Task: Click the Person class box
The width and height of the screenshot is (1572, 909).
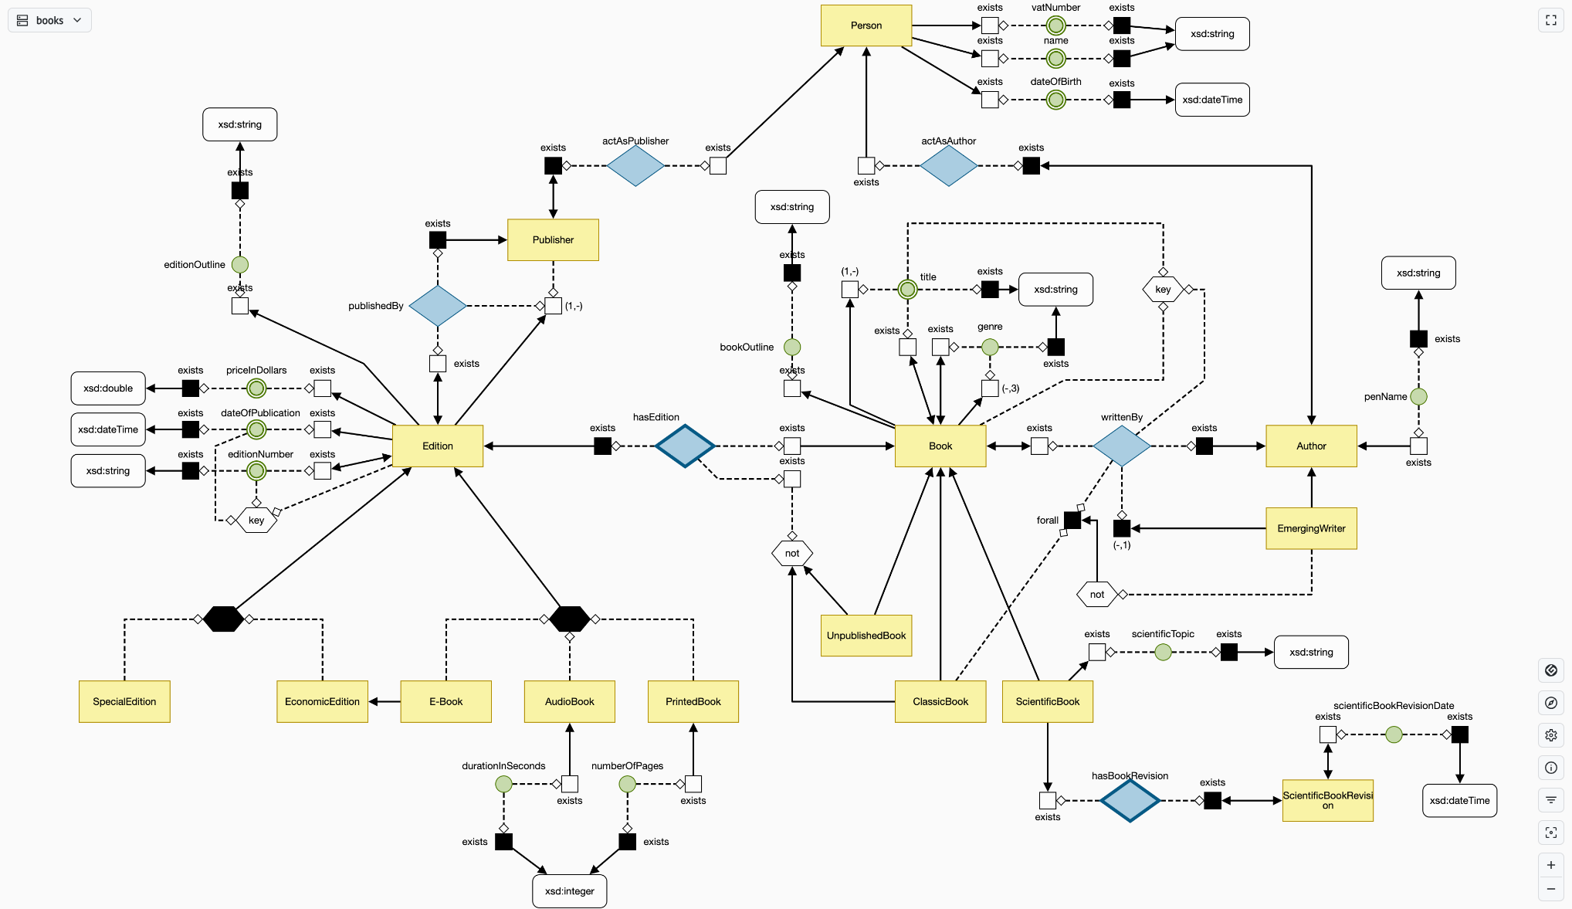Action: click(866, 25)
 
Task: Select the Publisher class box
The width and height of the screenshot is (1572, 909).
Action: click(553, 239)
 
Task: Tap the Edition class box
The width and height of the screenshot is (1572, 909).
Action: click(437, 446)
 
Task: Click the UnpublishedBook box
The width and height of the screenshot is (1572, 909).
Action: click(866, 636)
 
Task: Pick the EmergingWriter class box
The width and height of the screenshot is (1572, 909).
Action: click(1311, 528)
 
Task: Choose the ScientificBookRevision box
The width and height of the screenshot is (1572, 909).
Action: click(1327, 800)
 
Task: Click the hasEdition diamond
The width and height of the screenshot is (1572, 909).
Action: click(684, 446)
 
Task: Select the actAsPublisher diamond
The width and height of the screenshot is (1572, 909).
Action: click(635, 165)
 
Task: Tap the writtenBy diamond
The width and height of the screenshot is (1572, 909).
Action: click(1121, 446)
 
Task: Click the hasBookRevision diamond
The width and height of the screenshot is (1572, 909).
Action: click(1130, 800)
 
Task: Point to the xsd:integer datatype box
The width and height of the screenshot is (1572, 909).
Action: click(569, 890)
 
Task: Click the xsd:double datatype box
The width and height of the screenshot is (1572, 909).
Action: click(108, 388)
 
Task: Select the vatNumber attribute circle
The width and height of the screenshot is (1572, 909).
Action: click(1055, 25)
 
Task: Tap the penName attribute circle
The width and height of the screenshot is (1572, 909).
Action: click(1418, 396)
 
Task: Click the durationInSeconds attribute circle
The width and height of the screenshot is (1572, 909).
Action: click(503, 784)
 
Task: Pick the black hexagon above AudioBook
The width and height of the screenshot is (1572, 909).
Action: click(569, 619)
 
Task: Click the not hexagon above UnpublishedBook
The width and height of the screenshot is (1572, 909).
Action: click(791, 553)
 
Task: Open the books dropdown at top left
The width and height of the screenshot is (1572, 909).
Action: click(50, 20)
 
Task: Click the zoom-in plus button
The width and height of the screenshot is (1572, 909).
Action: click(1550, 865)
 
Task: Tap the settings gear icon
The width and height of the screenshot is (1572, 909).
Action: click(1550, 735)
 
